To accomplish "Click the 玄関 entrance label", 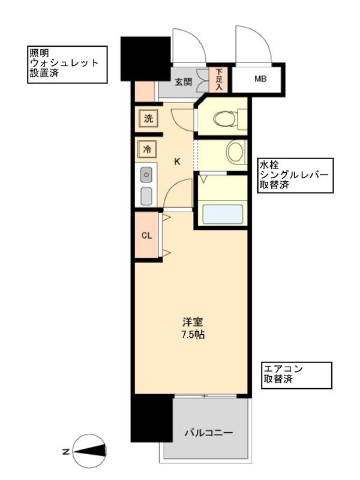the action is pos(184,82).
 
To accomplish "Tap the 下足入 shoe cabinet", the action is pos(218,80).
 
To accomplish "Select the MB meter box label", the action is pos(260,79).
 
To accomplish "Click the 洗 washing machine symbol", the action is pos(148,118).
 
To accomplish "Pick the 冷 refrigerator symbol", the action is pos(147,149).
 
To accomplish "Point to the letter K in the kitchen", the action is pos(177,161).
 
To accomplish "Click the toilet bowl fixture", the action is pos(226,119).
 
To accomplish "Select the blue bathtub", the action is pos(223,215).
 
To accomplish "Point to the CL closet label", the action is pos(146,235).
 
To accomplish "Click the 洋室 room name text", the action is pos(193,322).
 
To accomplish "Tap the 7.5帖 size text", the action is pos(193,335).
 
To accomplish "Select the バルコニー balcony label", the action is pos(208,433).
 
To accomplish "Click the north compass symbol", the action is pos(89,451).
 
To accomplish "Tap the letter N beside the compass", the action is pos(66,451).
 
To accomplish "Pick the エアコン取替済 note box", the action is pos(296,376).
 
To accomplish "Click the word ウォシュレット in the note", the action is pos(64,63).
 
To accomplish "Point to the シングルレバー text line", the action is pos(294,175).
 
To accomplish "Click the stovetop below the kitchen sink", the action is pos(146,196).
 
